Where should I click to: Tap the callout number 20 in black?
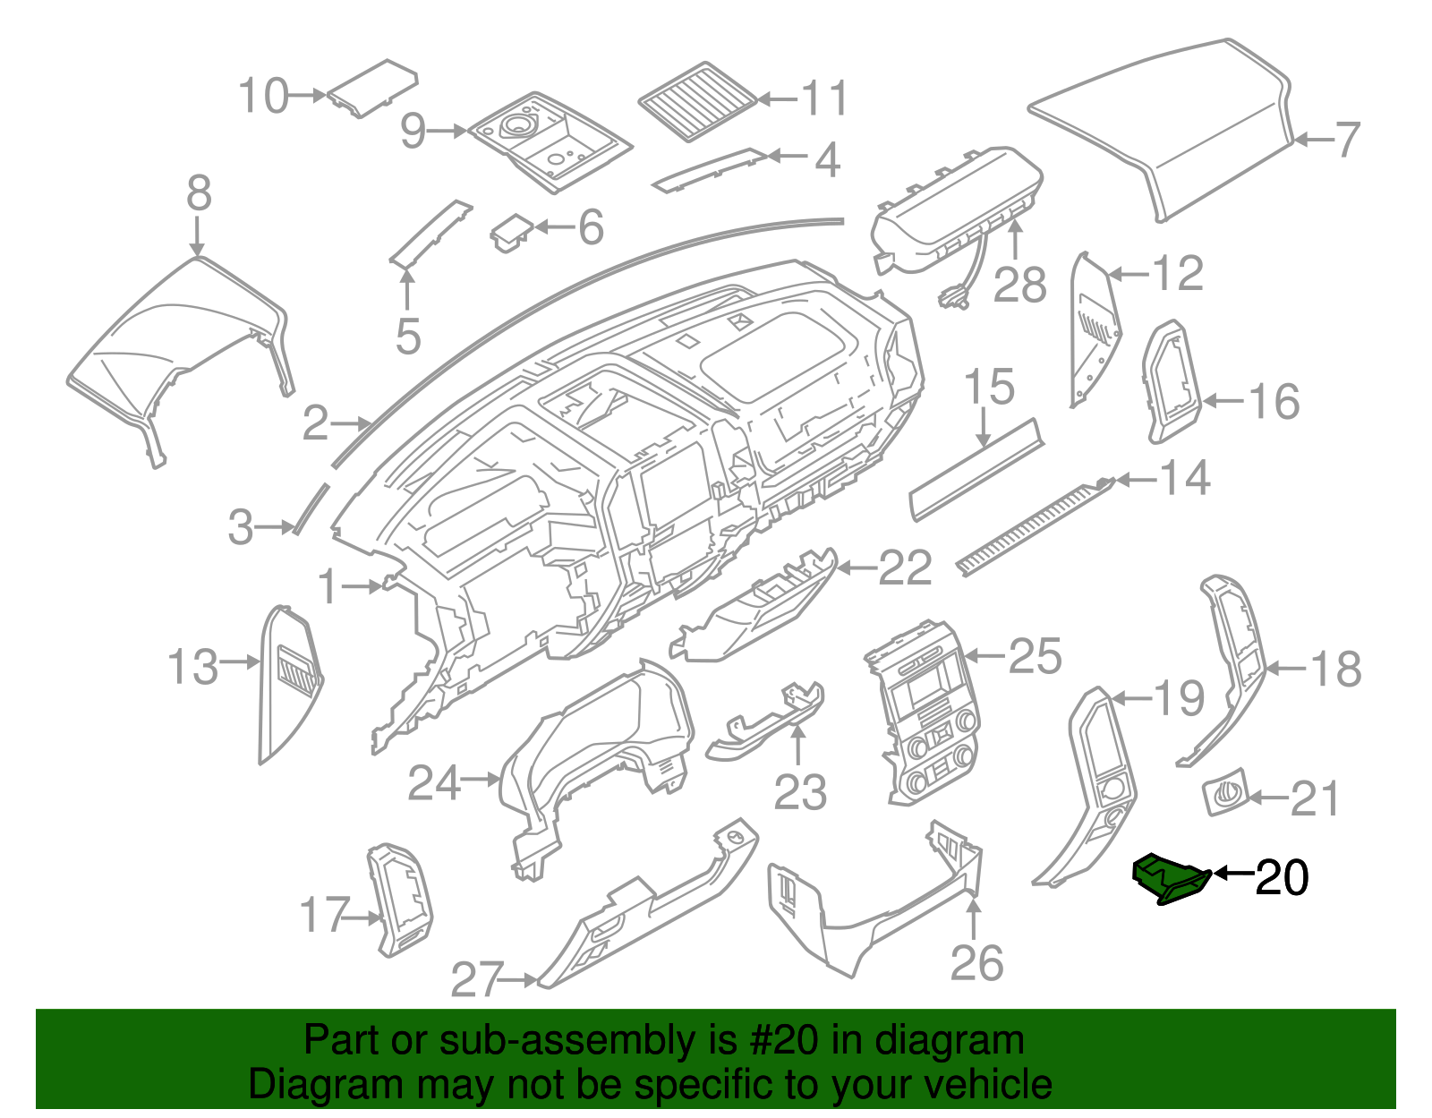[1282, 878]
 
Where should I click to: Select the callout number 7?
[1348, 141]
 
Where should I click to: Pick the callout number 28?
[1019, 286]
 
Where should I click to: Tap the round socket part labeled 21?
[1224, 792]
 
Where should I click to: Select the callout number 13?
[193, 668]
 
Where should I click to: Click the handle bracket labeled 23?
[768, 721]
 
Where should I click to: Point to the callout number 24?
[434, 783]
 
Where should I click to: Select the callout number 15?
[989, 387]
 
